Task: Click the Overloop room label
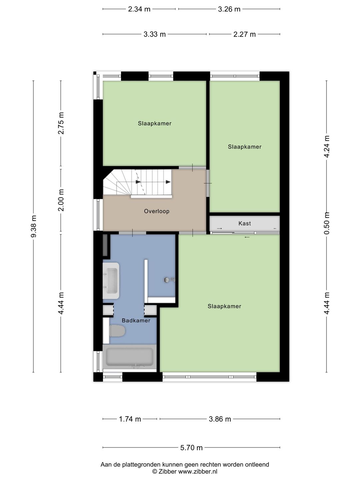point(157,211)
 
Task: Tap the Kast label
point(245,223)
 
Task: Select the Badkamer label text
point(136,321)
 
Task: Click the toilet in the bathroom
point(117,331)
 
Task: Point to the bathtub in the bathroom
point(130,357)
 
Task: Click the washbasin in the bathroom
point(111,281)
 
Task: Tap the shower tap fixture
point(169,280)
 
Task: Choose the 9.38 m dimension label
point(33,226)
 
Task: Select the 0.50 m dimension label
point(327,223)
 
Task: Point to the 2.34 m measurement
point(139,9)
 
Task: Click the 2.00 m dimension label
point(61,200)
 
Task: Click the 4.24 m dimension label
point(327,146)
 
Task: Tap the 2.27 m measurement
point(244,34)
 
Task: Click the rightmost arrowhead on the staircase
point(168,182)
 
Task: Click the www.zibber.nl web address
point(198,471)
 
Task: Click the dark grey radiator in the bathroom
point(105,245)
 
